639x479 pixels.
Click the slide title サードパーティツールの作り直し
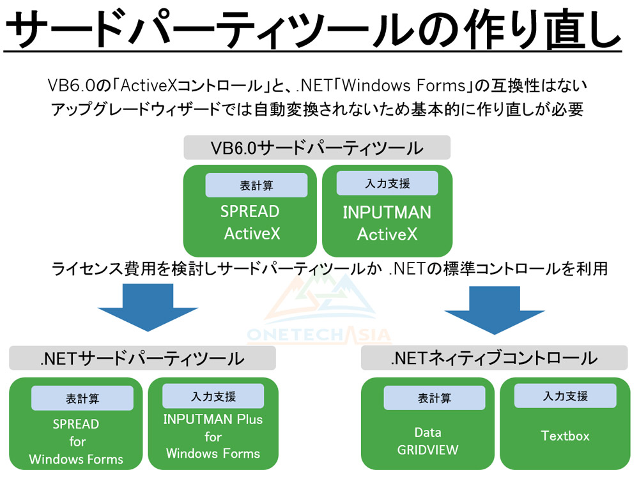pos(313,29)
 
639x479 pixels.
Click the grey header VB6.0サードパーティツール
pos(317,148)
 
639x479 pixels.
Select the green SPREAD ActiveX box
pos(250,211)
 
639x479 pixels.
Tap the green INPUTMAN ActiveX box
pos(387,211)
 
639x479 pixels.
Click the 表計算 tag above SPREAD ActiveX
pos(256,185)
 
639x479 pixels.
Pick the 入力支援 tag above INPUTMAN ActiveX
pos(387,183)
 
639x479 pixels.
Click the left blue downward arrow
pos(148,308)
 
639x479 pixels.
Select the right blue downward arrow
pos(495,310)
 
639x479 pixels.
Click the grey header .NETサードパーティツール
pos(142,358)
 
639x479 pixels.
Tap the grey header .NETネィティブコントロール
pos(495,358)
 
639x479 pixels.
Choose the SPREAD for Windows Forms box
pos(76,423)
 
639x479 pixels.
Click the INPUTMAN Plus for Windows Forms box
pos(213,423)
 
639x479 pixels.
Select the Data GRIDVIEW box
pos(427,423)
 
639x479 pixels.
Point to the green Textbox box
pos(566,423)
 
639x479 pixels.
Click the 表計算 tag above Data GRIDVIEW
pos(435,398)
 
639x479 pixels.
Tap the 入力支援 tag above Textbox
pos(566,396)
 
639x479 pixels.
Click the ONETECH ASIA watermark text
pos(319,335)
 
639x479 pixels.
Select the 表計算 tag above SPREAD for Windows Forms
pos(82,398)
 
